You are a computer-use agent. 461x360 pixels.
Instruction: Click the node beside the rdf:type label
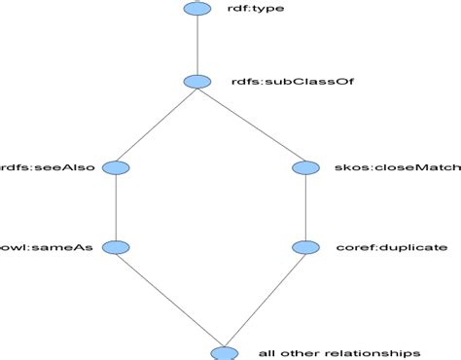(196, 9)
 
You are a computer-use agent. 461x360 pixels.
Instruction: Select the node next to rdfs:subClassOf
(196, 83)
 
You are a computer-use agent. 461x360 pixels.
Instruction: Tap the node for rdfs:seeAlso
(116, 167)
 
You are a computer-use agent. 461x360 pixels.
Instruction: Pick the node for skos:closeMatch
(306, 167)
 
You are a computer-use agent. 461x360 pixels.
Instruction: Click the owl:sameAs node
(116, 247)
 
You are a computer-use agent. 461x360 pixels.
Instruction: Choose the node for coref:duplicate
(306, 247)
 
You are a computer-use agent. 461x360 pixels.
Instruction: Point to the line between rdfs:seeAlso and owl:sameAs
(116, 207)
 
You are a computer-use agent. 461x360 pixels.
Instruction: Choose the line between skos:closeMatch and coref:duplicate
(306, 207)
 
